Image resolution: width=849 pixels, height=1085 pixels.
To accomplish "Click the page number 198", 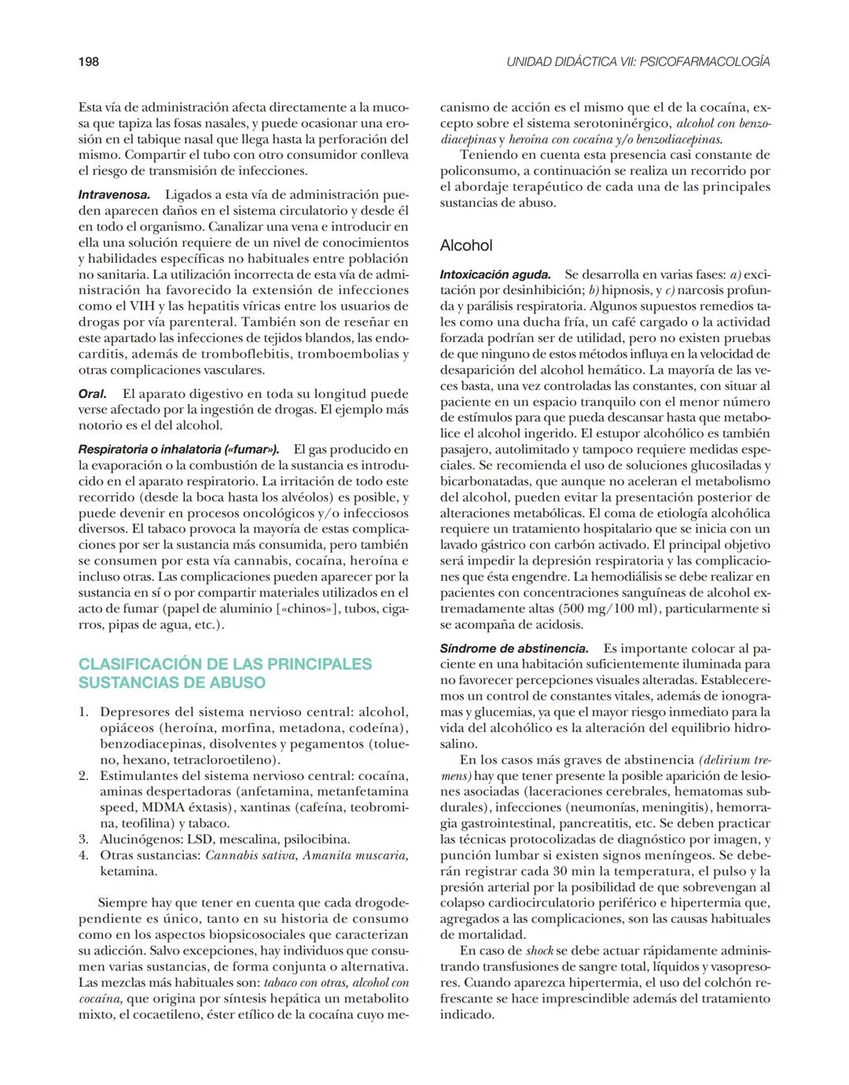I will [x=88, y=61].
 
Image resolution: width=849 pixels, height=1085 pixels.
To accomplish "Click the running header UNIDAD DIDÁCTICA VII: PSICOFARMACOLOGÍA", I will [x=638, y=61].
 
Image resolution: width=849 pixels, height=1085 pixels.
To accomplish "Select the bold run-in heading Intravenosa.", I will [x=114, y=194].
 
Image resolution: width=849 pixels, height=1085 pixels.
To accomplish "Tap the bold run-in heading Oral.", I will [x=92, y=394].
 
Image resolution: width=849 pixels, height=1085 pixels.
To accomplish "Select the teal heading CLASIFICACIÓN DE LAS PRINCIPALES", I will [x=225, y=664].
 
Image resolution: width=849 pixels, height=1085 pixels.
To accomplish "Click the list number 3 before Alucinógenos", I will [x=83, y=839].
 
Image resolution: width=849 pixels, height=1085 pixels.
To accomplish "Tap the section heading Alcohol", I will [x=466, y=245].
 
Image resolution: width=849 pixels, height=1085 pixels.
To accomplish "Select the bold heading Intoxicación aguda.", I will [x=495, y=274].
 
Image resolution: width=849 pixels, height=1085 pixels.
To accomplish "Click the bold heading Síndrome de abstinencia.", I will [x=514, y=649].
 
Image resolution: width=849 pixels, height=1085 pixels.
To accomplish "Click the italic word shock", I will [x=540, y=951].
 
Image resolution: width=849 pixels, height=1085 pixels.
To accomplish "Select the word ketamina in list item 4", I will [x=128, y=871].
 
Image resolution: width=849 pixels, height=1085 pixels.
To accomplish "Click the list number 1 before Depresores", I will [x=83, y=712].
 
